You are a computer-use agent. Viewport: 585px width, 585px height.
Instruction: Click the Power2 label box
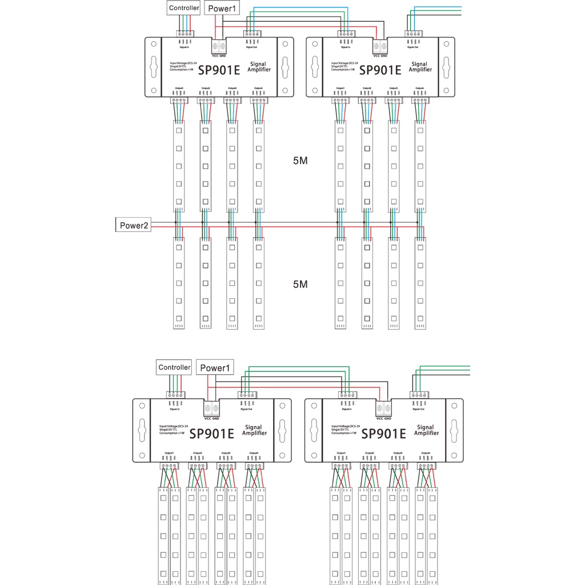pyautogui.click(x=134, y=225)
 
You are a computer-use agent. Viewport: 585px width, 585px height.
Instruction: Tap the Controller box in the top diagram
pyautogui.click(x=184, y=8)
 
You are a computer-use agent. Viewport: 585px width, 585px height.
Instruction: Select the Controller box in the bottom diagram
pyautogui.click(x=174, y=367)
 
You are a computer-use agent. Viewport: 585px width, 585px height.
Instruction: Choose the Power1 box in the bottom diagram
pyautogui.click(x=215, y=368)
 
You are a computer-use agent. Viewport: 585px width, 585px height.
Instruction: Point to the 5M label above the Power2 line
pyautogui.click(x=300, y=161)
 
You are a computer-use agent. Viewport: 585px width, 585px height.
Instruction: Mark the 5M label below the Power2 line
pyautogui.click(x=300, y=284)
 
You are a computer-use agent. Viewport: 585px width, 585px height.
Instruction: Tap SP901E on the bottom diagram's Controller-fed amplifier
pyautogui.click(x=211, y=434)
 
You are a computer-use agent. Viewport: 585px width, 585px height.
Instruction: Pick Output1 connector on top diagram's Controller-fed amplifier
pyautogui.click(x=179, y=101)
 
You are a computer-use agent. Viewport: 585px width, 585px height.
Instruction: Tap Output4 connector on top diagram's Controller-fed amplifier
pyautogui.click(x=259, y=101)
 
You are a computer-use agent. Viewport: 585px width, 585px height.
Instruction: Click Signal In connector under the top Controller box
pyautogui.click(x=186, y=33)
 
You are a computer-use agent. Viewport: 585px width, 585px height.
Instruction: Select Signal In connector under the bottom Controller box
pyautogui.click(x=175, y=395)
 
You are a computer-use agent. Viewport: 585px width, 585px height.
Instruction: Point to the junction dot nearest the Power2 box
pyautogui.click(x=175, y=223)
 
